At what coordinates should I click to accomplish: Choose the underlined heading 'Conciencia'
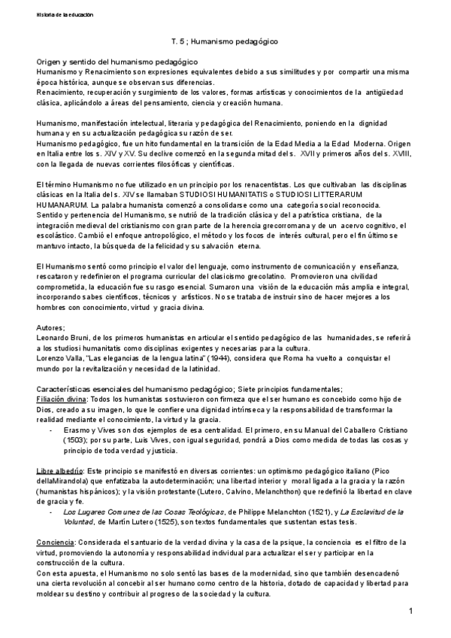(x=57, y=541)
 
